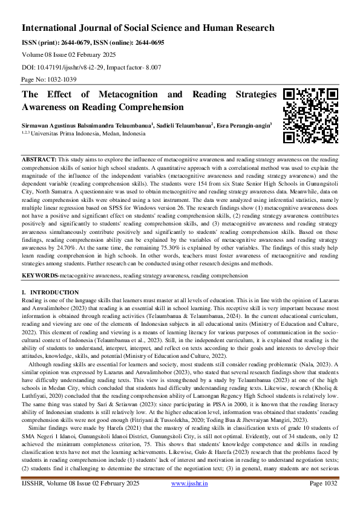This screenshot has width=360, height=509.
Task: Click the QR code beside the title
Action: tap(310, 116)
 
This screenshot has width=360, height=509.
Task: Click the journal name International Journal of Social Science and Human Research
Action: tap(148, 28)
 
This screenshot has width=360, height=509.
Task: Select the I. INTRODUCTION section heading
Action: tap(50, 293)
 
